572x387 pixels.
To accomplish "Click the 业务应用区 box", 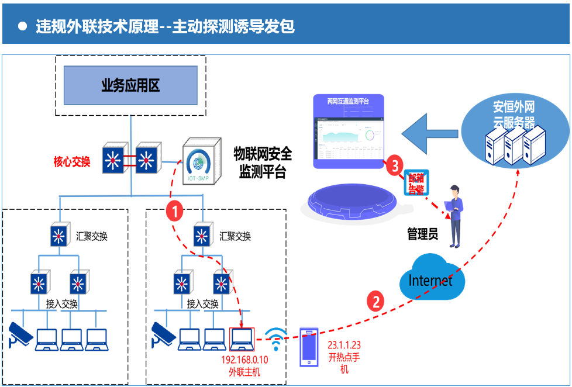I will click(130, 86).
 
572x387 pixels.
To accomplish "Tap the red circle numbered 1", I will click(175, 211).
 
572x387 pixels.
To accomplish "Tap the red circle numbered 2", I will click(375, 301).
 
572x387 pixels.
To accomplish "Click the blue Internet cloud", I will click(432, 278).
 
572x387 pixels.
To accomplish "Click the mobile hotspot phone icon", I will click(308, 347).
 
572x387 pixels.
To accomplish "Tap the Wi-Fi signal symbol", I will click(276, 339).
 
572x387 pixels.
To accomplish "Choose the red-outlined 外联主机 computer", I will click(242, 338).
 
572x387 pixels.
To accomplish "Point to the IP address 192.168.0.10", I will click(245, 360).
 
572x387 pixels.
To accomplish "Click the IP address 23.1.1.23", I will click(344, 345).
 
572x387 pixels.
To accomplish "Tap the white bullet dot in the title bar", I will click(23, 26).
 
